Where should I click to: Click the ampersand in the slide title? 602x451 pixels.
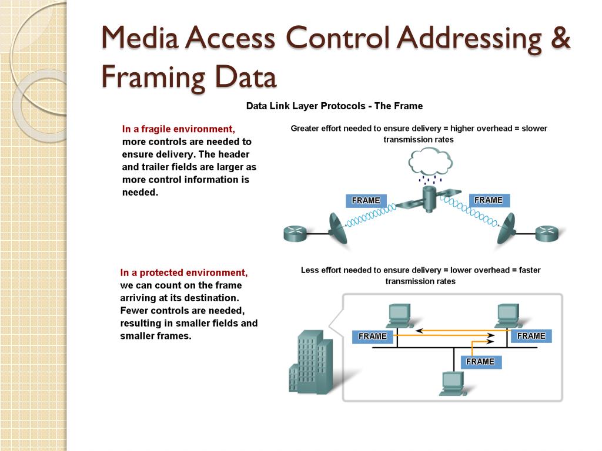(x=560, y=38)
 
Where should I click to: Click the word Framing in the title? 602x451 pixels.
(x=153, y=78)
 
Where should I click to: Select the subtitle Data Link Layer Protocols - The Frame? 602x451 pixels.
(x=335, y=106)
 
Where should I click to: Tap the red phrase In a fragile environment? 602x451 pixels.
(x=179, y=129)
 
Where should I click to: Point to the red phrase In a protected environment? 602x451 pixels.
(x=184, y=272)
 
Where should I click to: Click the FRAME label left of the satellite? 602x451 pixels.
(x=366, y=201)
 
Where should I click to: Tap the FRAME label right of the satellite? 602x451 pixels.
(x=489, y=200)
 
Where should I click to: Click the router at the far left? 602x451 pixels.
(x=295, y=233)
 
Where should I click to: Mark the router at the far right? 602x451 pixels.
(x=547, y=233)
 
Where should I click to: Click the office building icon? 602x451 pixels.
(x=310, y=362)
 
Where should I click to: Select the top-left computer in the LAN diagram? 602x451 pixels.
(x=400, y=315)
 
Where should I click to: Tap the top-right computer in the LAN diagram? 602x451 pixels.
(x=509, y=315)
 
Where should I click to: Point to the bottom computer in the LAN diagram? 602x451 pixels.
(x=453, y=383)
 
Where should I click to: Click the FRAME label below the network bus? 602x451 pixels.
(x=481, y=362)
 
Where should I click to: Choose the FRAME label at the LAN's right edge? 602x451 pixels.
(x=531, y=336)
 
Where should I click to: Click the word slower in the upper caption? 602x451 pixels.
(x=534, y=129)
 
